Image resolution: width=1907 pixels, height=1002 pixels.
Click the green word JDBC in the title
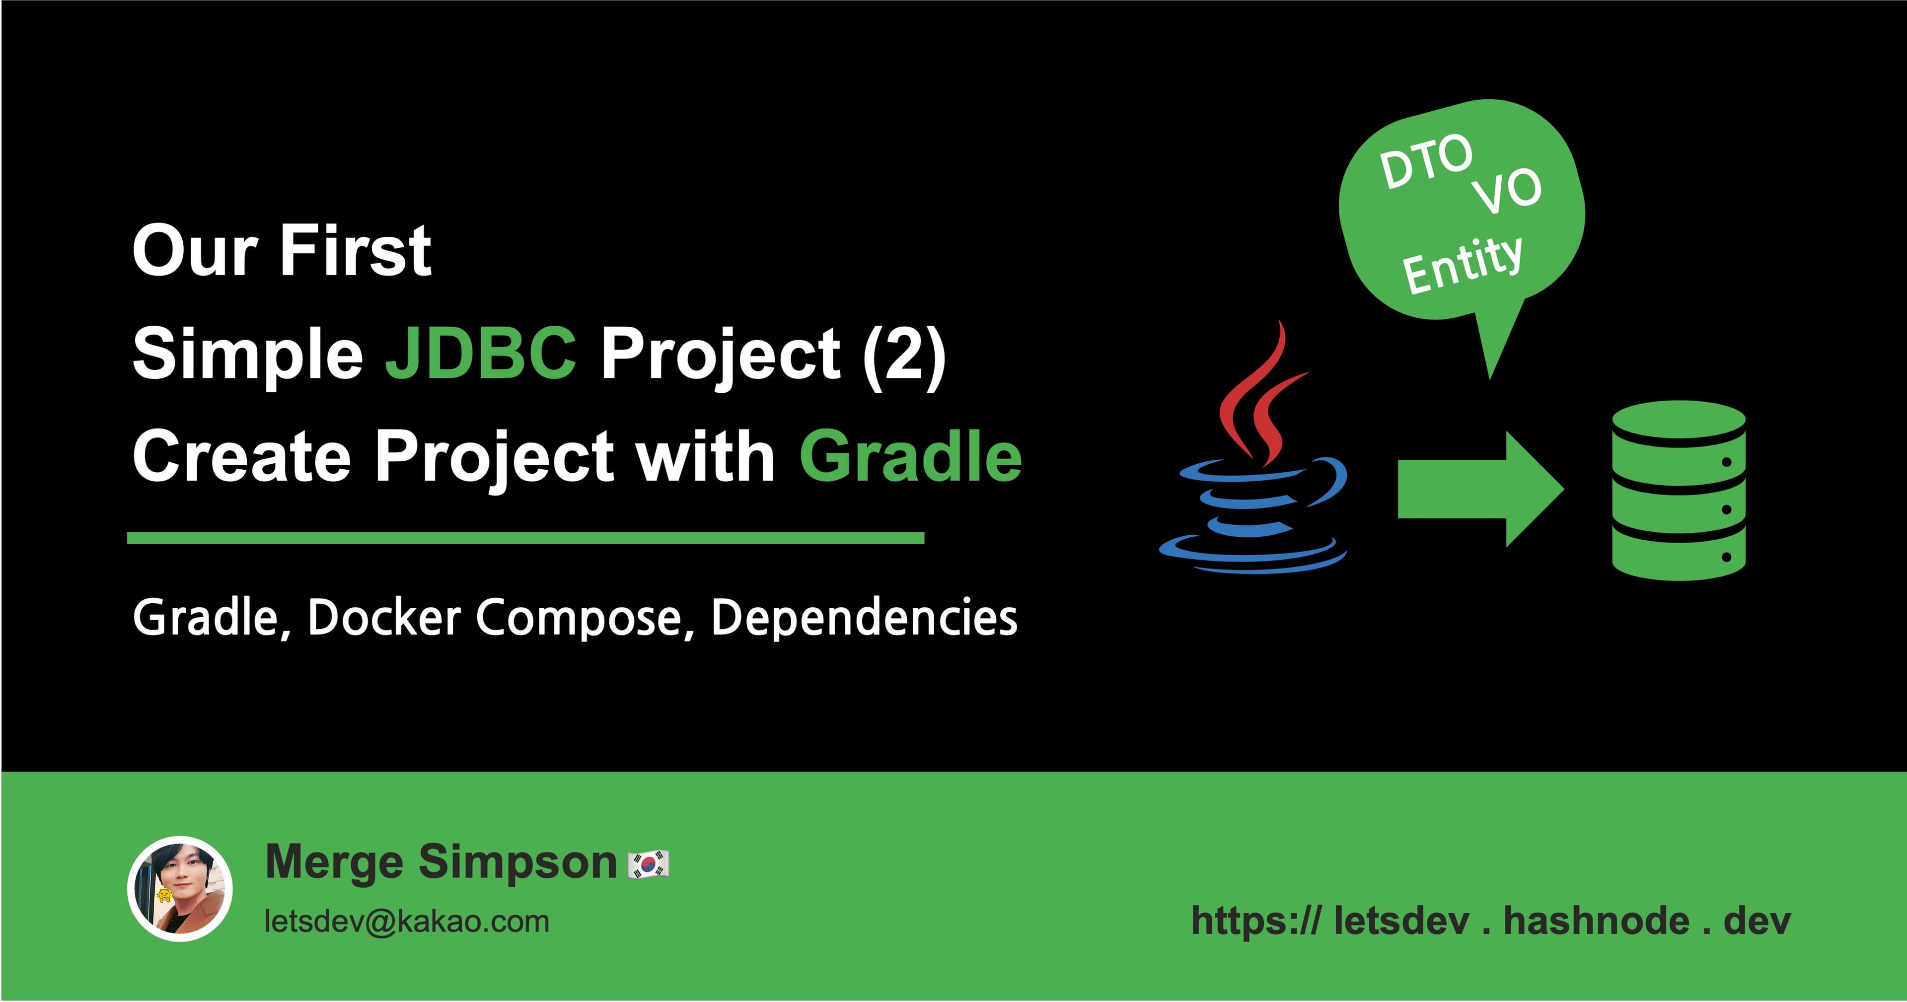click(x=480, y=353)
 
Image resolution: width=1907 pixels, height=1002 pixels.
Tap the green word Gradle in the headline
click(x=911, y=457)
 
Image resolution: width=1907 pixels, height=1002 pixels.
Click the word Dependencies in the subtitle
click(x=864, y=617)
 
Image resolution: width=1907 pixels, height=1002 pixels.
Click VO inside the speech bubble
click(x=1507, y=191)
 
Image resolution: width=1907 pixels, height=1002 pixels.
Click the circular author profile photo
click(x=180, y=889)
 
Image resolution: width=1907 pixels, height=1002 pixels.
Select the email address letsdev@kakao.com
click(x=407, y=922)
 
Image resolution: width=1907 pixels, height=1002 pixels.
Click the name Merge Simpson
click(x=441, y=862)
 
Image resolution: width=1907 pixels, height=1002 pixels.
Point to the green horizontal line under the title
click(x=525, y=538)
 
